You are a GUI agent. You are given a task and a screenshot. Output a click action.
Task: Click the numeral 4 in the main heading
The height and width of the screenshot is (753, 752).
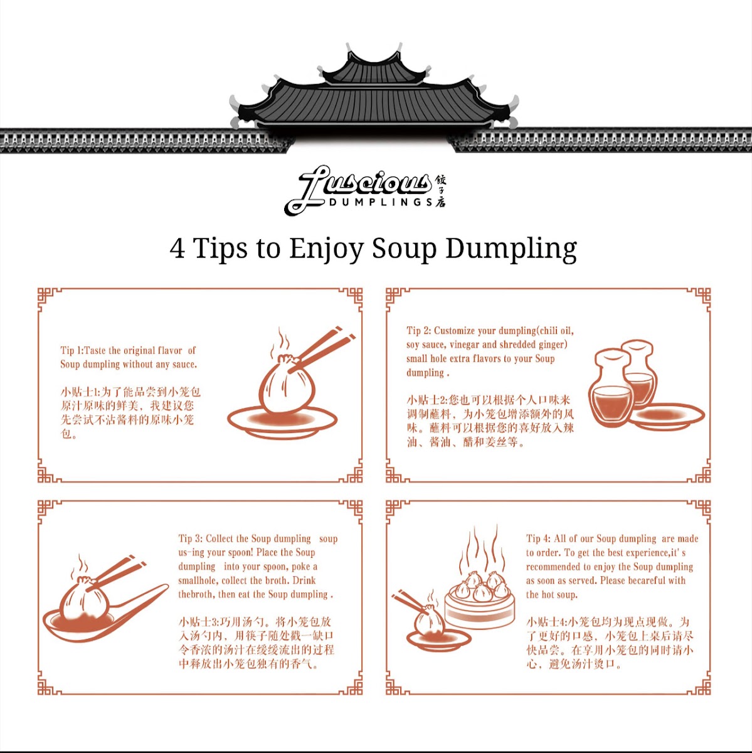pyautogui.click(x=177, y=248)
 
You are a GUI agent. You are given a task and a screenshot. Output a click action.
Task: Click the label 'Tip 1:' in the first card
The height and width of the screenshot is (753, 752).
pyautogui.click(x=71, y=351)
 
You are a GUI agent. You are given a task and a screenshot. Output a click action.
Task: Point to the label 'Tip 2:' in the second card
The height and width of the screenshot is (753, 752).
pyautogui.click(x=418, y=331)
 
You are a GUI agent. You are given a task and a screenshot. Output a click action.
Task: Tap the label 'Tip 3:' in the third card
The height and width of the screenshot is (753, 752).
pyautogui.click(x=190, y=538)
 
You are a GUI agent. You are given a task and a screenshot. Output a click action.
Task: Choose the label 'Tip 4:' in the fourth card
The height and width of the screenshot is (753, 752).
pyautogui.click(x=538, y=538)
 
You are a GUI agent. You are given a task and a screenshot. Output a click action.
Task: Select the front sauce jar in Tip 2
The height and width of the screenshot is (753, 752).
pyautogui.click(x=612, y=392)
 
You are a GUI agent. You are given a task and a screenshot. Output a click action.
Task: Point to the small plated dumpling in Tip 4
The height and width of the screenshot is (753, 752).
pyautogui.click(x=430, y=624)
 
